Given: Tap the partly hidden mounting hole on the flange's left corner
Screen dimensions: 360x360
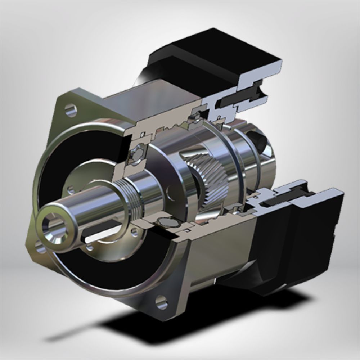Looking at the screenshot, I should pyautogui.click(x=39, y=248).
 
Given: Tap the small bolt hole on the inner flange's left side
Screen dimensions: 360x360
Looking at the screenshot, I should pyautogui.click(x=70, y=188).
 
